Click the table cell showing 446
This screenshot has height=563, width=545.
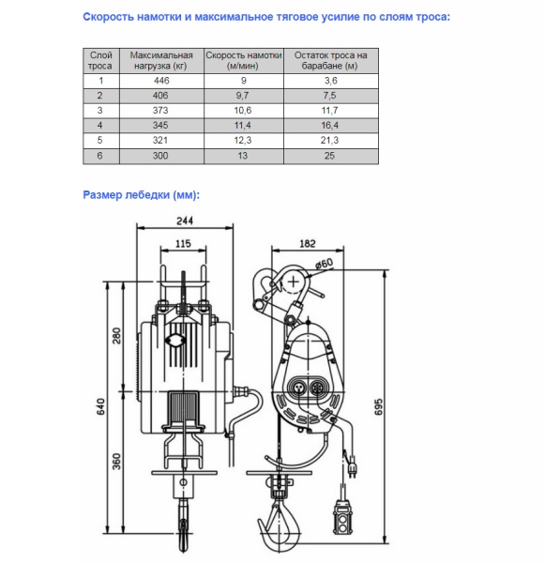(161, 81)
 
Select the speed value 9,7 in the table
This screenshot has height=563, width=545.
(243, 96)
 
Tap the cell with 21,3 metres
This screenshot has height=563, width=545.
(330, 140)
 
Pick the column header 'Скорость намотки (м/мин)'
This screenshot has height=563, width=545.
(244, 61)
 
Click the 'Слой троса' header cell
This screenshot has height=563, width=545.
(101, 61)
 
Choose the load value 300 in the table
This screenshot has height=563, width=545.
(160, 156)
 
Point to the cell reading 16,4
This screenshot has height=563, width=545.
(330, 126)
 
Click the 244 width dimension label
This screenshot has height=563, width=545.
(185, 221)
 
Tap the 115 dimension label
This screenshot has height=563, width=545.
(183, 244)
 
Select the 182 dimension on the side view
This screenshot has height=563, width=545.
(308, 243)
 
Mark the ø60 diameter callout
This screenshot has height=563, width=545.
(325, 264)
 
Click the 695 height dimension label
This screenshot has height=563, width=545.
(378, 407)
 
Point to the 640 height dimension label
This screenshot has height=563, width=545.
(101, 406)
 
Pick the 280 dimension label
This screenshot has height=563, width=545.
(116, 336)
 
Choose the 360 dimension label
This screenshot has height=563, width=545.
(116, 462)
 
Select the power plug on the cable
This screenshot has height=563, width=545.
(352, 465)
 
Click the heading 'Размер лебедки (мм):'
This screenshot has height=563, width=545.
(141, 195)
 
